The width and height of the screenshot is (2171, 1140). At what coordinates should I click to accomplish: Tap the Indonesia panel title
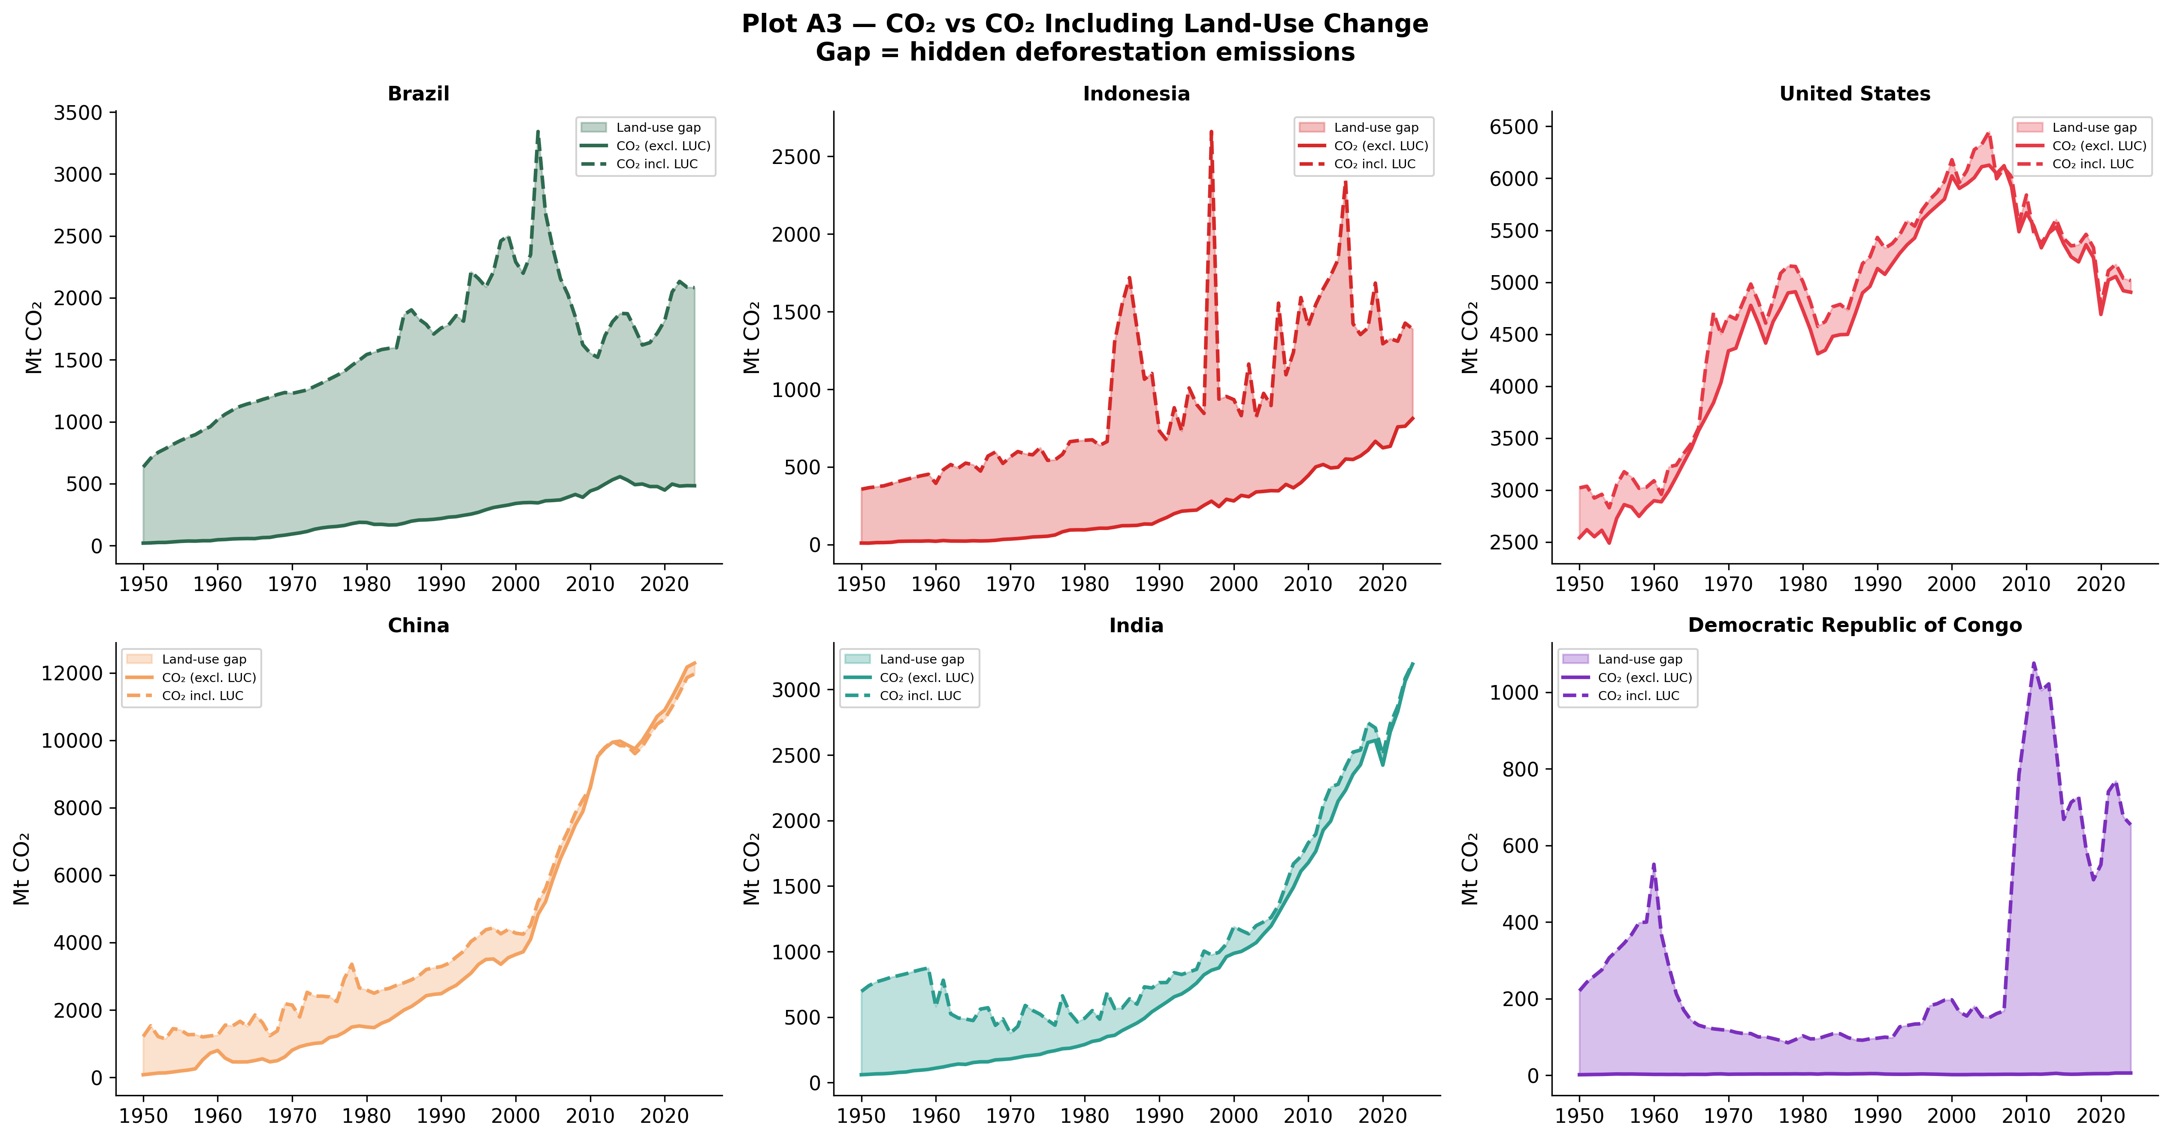pyautogui.click(x=1136, y=94)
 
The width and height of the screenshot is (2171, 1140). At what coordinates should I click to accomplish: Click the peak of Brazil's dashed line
pyautogui.click(x=538, y=131)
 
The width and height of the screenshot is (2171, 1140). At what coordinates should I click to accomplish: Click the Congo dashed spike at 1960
pyautogui.click(x=1654, y=864)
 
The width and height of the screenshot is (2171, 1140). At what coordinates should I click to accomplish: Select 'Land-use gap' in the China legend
pyautogui.click(x=204, y=659)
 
